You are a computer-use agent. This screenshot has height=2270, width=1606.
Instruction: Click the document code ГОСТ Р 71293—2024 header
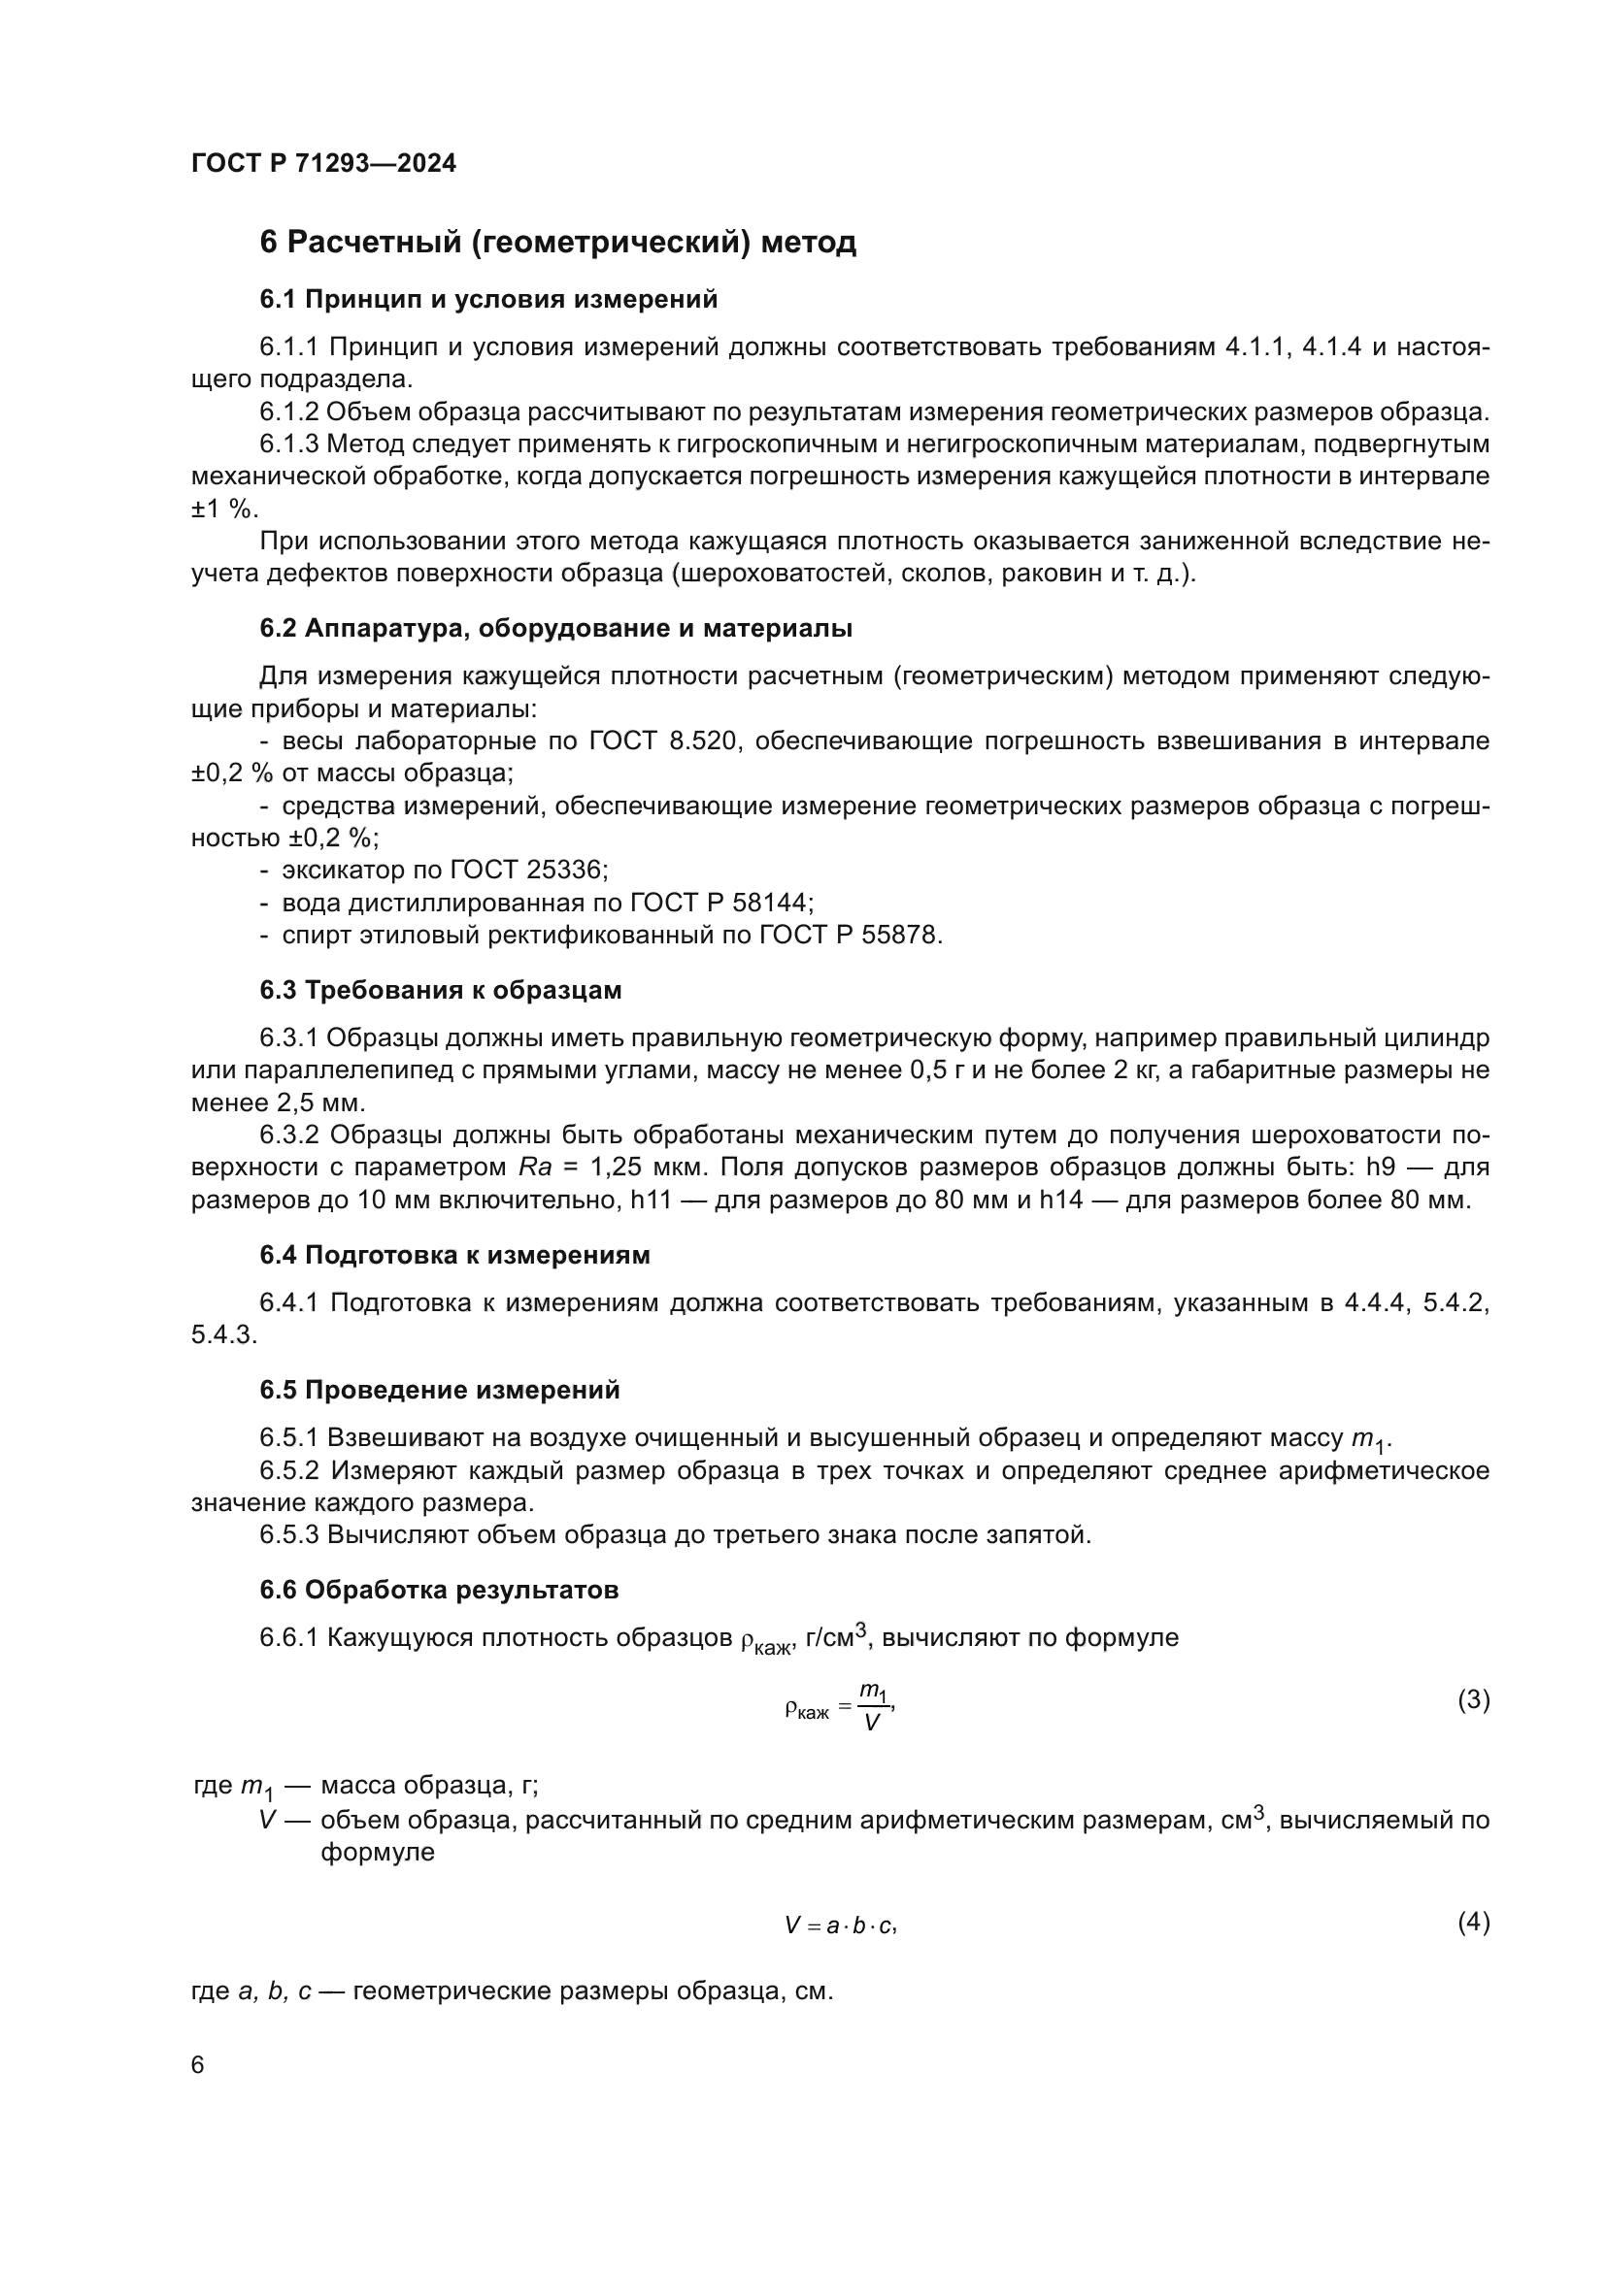point(323,164)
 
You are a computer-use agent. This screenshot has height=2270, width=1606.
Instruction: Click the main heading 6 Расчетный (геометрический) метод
point(557,243)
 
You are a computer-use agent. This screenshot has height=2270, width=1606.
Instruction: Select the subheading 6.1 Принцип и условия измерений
point(488,300)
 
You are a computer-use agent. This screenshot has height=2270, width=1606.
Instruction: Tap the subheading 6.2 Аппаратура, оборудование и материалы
point(555,629)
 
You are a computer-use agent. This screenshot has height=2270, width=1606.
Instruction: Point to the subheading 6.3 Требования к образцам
point(441,990)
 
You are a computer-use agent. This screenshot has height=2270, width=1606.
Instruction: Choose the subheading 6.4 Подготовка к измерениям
point(454,1256)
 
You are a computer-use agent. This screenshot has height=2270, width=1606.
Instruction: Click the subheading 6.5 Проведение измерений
point(440,1390)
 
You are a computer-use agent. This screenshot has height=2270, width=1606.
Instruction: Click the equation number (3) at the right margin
point(1474,1699)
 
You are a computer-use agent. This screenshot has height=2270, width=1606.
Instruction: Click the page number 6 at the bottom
point(198,2065)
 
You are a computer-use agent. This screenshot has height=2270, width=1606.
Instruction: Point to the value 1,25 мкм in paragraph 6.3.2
point(648,1168)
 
